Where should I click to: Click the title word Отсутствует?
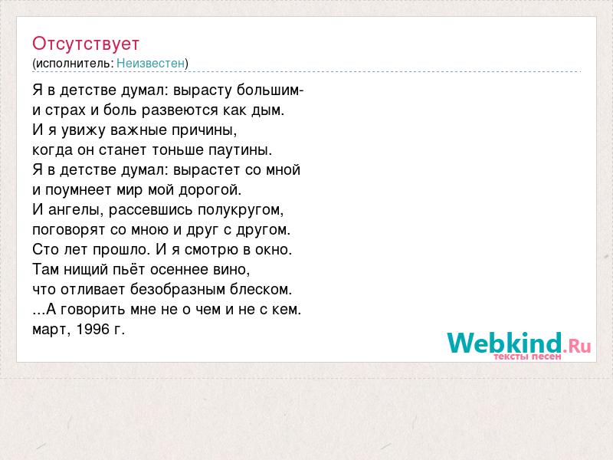pos(86,44)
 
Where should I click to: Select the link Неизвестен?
pos(150,63)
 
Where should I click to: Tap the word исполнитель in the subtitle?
pos(73,63)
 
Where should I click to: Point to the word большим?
pos(268,90)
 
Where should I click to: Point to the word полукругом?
pos(238,210)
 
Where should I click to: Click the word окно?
pos(272,250)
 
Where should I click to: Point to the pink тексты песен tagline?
pos(527,356)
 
